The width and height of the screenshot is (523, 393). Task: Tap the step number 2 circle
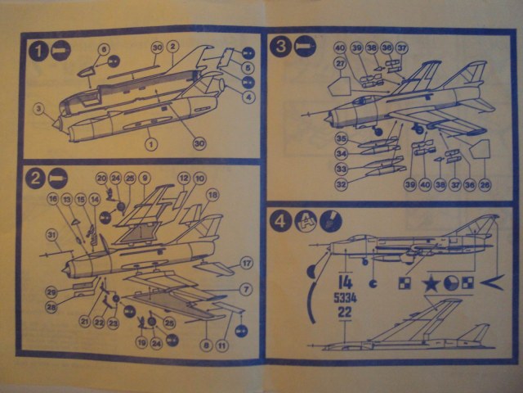[x=35, y=177]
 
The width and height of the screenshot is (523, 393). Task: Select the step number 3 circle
[x=280, y=48]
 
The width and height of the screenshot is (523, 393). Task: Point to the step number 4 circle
[x=281, y=221]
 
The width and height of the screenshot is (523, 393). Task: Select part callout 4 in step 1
[x=248, y=97]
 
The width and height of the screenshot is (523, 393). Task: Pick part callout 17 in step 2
[x=244, y=263]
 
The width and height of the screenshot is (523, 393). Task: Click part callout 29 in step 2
[x=51, y=291]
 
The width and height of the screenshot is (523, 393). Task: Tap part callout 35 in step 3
[x=341, y=138]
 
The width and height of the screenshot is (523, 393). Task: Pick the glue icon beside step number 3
[x=304, y=48]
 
